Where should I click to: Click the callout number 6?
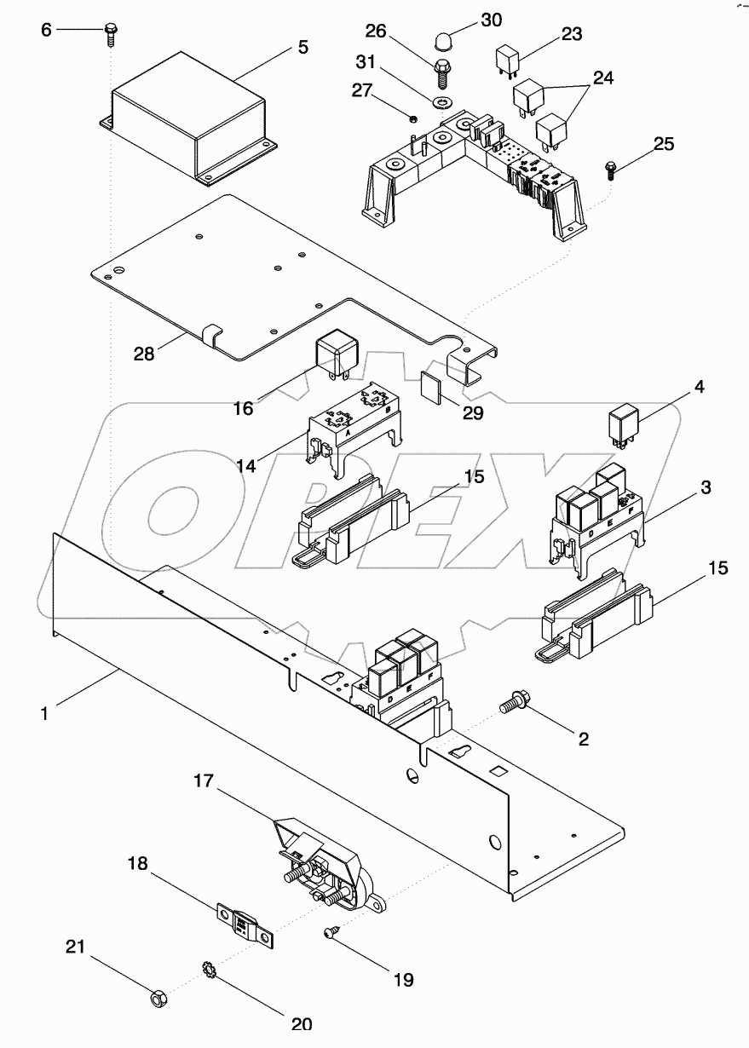pos(47,30)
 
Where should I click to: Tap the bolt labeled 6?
pos(110,32)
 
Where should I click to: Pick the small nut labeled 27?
pos(412,119)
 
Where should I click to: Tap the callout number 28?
pos(144,353)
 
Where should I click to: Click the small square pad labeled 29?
pos(434,386)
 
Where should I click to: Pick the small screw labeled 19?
pos(331,935)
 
